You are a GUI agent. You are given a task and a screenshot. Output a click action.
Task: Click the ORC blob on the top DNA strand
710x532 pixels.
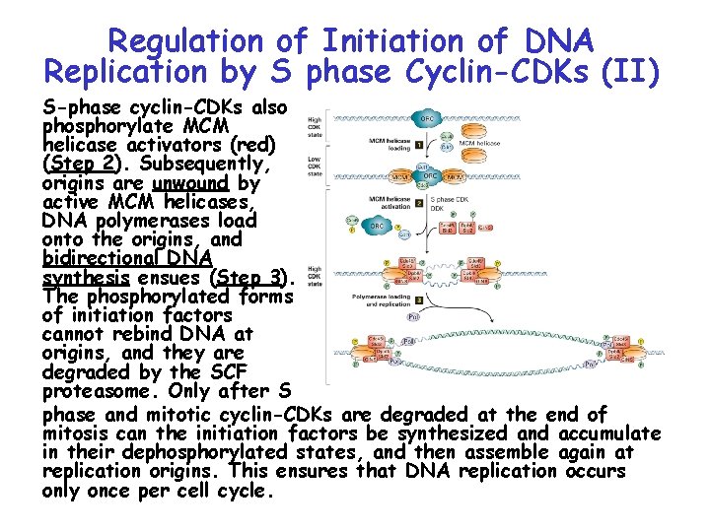coord(427,118)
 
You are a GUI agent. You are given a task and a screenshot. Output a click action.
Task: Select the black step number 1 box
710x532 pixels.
coord(419,145)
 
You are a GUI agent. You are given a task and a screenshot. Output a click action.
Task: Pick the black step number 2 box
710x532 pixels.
coord(419,203)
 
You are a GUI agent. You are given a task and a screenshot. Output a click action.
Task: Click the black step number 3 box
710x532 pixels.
coord(419,299)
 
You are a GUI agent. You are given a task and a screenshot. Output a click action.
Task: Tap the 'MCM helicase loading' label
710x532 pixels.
coord(377,145)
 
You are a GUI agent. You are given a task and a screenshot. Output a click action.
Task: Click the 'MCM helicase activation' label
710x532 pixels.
coord(377,203)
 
